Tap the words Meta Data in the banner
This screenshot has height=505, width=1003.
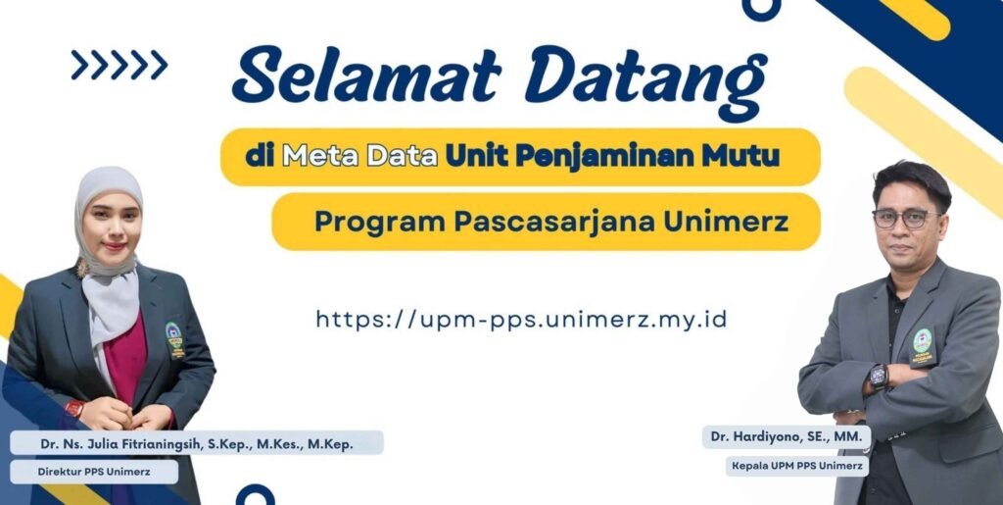point(360,157)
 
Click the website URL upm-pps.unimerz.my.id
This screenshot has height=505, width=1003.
point(521,320)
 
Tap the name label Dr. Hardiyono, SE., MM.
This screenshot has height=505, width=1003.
point(787,437)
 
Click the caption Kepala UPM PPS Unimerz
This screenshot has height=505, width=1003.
point(797,466)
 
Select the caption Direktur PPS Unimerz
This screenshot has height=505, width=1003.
point(93,472)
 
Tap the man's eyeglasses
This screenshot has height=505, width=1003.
point(904,219)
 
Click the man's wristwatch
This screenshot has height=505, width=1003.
point(879,378)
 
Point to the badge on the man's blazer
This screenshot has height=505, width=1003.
point(923,345)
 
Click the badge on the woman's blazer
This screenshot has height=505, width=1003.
point(174,338)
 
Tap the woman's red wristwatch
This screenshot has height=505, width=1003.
point(74,408)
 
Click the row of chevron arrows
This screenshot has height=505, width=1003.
point(119,65)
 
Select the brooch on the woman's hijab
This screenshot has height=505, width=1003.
point(82,268)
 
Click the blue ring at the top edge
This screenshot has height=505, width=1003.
point(761,9)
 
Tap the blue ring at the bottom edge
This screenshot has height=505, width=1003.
point(256,495)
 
